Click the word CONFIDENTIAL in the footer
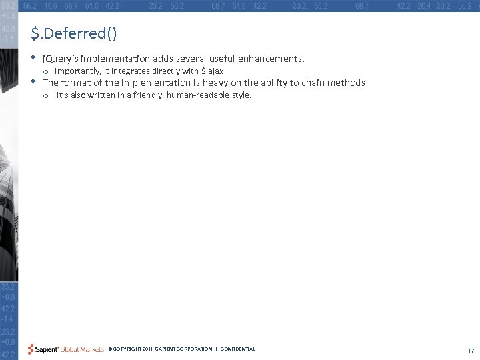pyautogui.click(x=238, y=349)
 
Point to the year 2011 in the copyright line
pyautogui.click(x=147, y=349)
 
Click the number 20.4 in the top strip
pyautogui.click(x=424, y=5)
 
